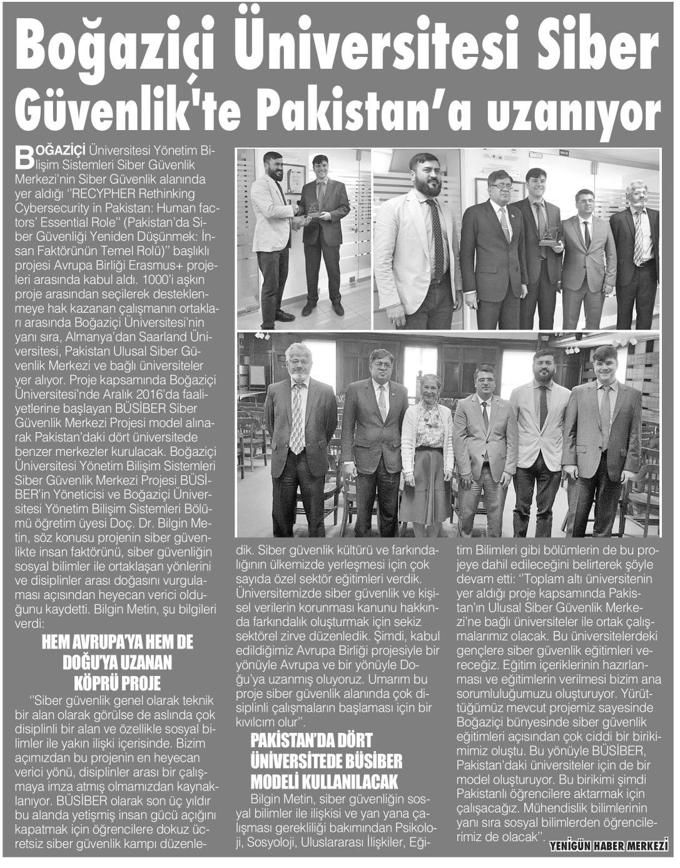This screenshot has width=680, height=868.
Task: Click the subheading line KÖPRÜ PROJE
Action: click(117, 682)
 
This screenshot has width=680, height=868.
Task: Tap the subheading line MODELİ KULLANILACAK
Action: click(323, 782)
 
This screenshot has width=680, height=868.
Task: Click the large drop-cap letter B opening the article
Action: click(23, 158)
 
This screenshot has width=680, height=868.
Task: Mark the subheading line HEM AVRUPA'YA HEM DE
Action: click(117, 642)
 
